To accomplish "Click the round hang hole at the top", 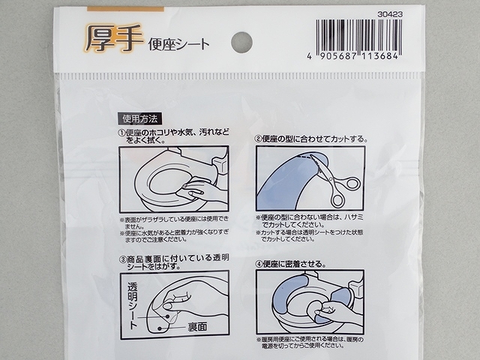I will [241, 42].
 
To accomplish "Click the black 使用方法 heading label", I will [138, 118].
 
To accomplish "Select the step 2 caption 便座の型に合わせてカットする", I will [311, 139].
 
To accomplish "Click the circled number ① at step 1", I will [121, 133].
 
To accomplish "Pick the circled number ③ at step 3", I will [121, 259].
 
